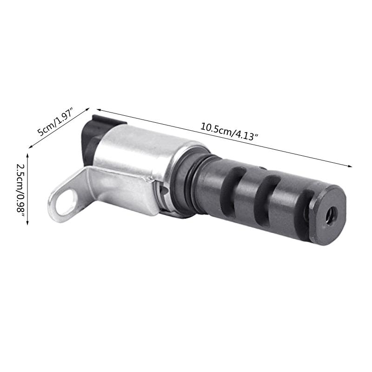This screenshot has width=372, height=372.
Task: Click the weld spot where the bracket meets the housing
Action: [x=148, y=179]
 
